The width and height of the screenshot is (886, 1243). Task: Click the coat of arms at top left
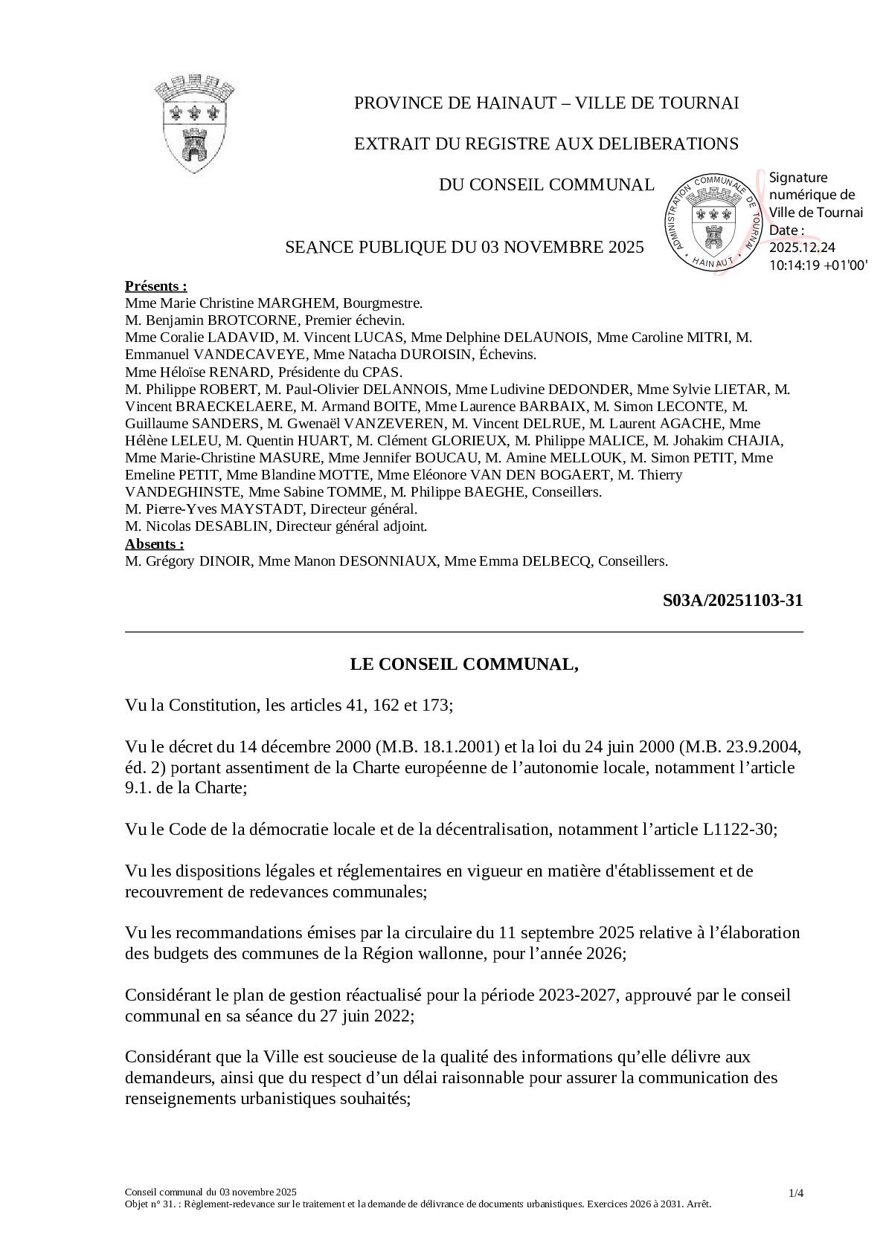coord(195,123)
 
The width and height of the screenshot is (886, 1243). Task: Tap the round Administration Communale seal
coord(713,223)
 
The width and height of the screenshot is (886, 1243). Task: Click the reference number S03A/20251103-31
coord(732,601)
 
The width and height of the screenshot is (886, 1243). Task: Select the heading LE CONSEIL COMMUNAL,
coord(464,664)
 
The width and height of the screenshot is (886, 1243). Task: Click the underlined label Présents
coord(155,286)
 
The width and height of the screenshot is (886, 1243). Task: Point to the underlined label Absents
coord(154,543)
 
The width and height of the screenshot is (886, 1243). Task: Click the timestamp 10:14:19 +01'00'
coord(818,264)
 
